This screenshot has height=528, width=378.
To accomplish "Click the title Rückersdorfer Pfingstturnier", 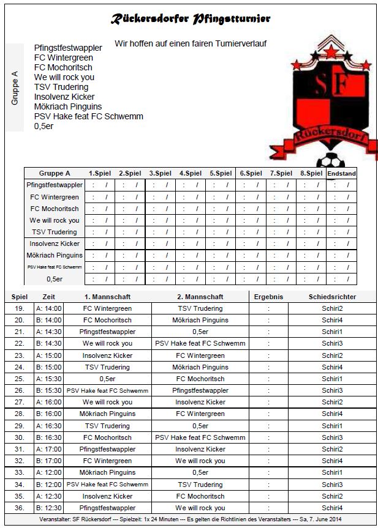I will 190,20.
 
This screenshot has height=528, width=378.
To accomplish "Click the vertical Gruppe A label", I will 15,88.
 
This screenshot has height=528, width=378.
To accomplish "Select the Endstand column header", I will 341,173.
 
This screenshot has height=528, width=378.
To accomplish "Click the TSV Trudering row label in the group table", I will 55,232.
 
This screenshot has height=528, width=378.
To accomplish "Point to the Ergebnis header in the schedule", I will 268,297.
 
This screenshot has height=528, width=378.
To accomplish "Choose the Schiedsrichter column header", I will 332,297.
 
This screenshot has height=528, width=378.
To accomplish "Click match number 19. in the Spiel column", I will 20,308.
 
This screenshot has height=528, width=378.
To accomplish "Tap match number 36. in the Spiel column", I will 20,508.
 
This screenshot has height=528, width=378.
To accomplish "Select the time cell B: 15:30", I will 49,390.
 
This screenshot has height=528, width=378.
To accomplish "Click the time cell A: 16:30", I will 49,426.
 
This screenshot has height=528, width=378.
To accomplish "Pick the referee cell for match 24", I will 332,367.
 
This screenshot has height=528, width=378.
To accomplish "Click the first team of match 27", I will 107,402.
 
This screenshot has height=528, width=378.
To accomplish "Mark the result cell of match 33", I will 268,472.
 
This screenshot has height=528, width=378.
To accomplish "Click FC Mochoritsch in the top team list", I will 63,67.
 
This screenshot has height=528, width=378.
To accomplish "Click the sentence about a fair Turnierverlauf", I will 190,43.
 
